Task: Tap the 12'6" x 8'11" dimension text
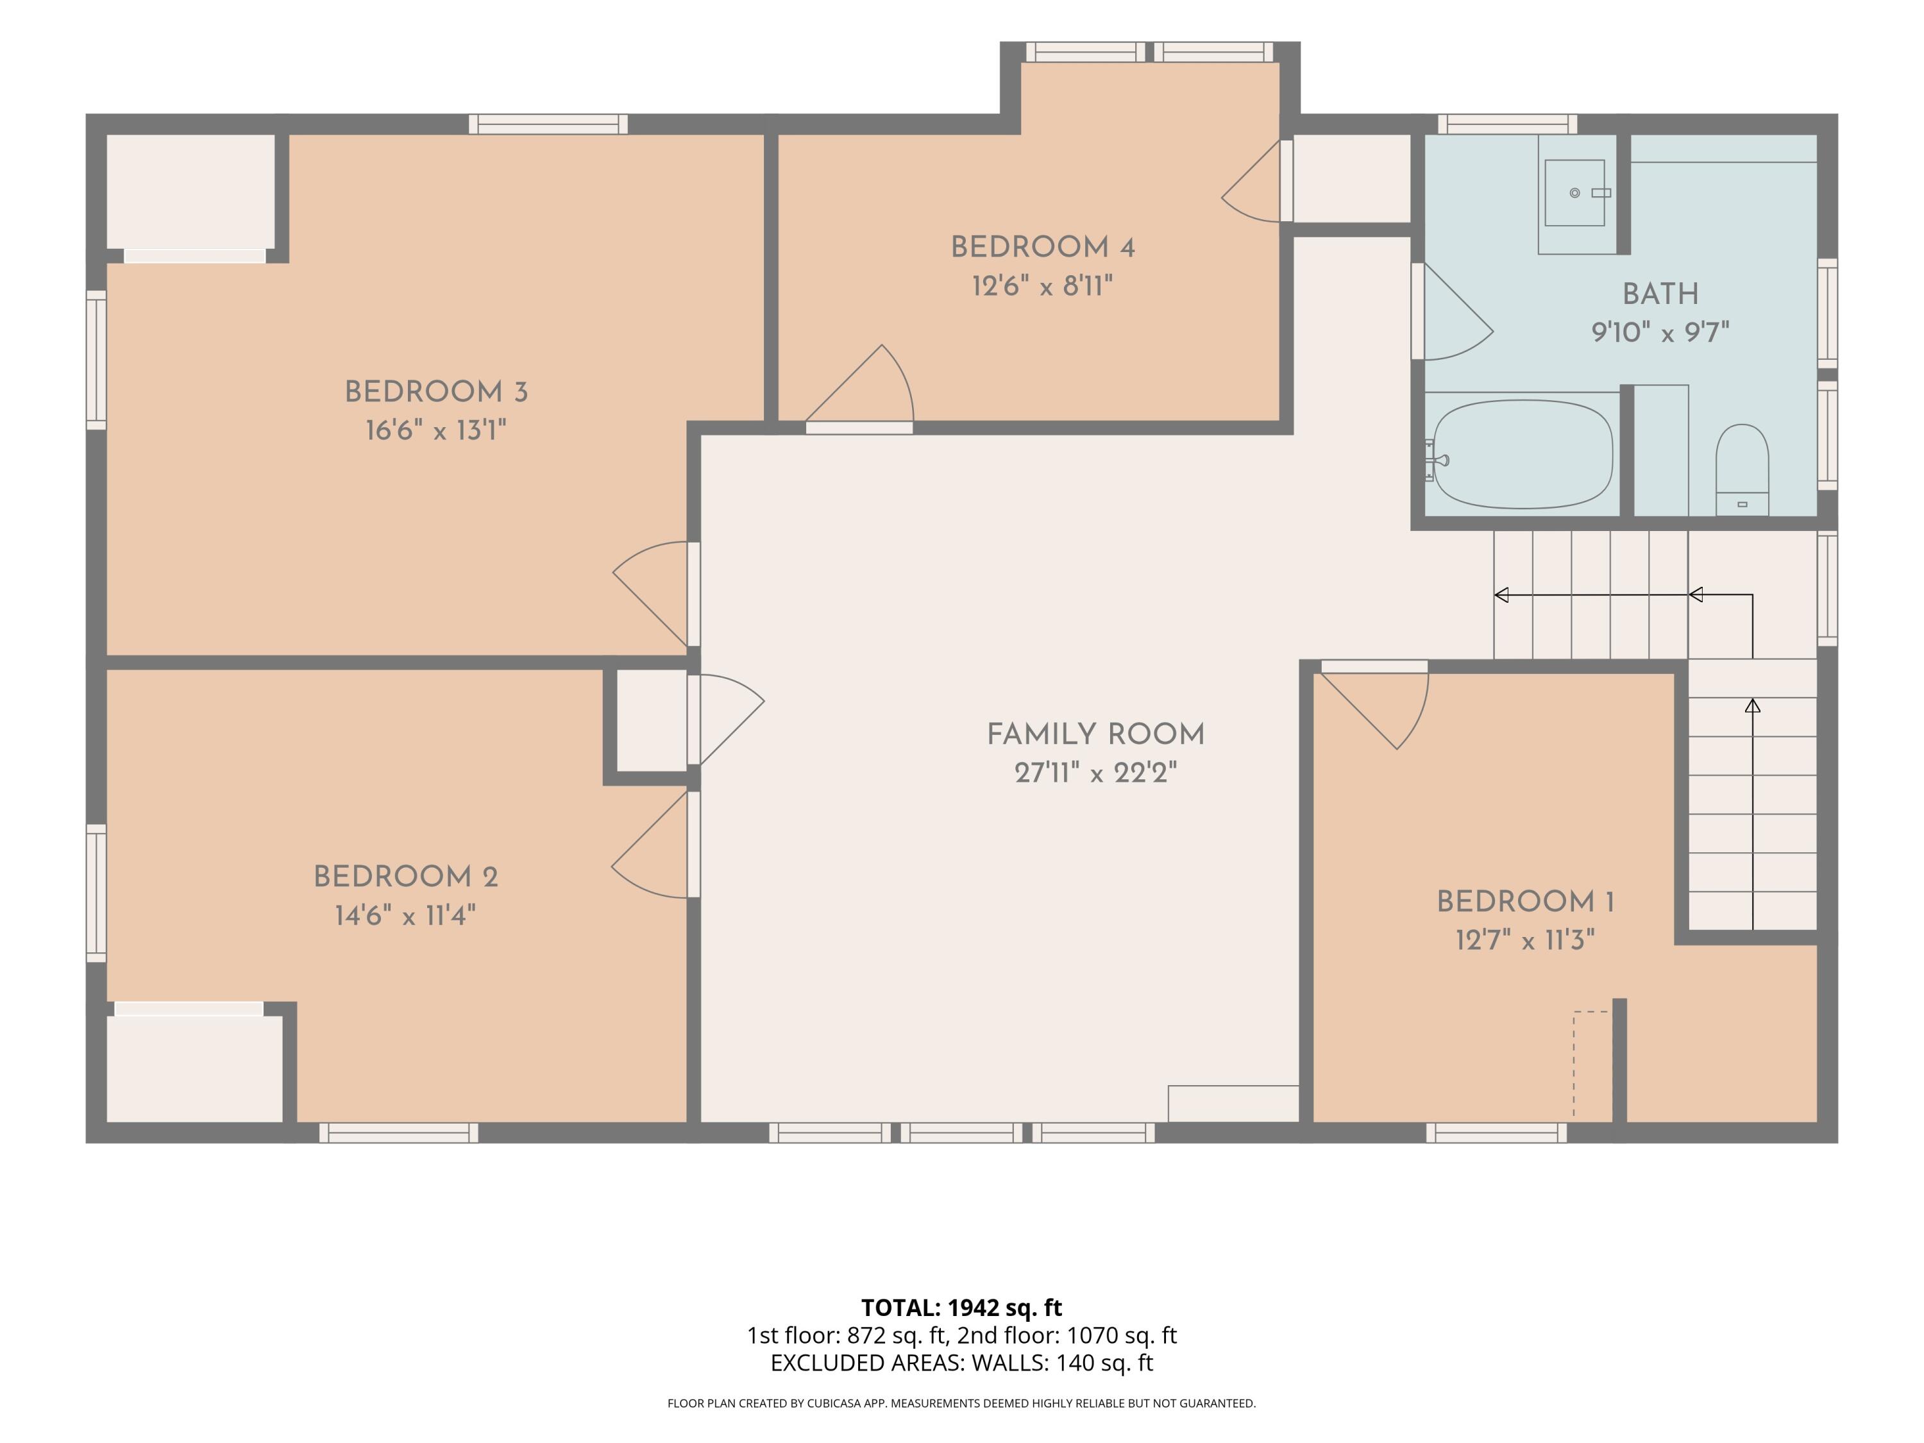[1042, 285]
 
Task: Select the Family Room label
[1095, 734]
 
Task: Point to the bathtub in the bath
[1522, 454]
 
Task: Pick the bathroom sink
[1574, 193]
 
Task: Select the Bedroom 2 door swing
[650, 845]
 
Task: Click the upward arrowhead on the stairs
[1753, 705]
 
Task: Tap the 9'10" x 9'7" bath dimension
[1660, 332]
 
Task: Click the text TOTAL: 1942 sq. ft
[961, 1307]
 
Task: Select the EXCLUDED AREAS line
[961, 1363]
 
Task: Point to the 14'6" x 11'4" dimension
[405, 915]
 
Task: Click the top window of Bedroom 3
[548, 124]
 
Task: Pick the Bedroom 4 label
[1042, 247]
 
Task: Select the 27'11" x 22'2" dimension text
[1095, 772]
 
